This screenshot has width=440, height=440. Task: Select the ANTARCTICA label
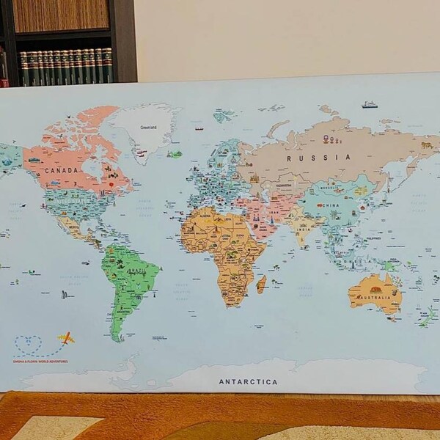248,381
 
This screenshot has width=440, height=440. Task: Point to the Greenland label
149,127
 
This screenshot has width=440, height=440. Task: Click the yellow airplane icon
67,338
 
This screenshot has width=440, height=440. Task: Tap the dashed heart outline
28,344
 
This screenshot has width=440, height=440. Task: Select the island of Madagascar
261,284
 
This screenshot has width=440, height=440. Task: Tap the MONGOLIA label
328,188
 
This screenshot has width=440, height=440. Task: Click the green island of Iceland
175,154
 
